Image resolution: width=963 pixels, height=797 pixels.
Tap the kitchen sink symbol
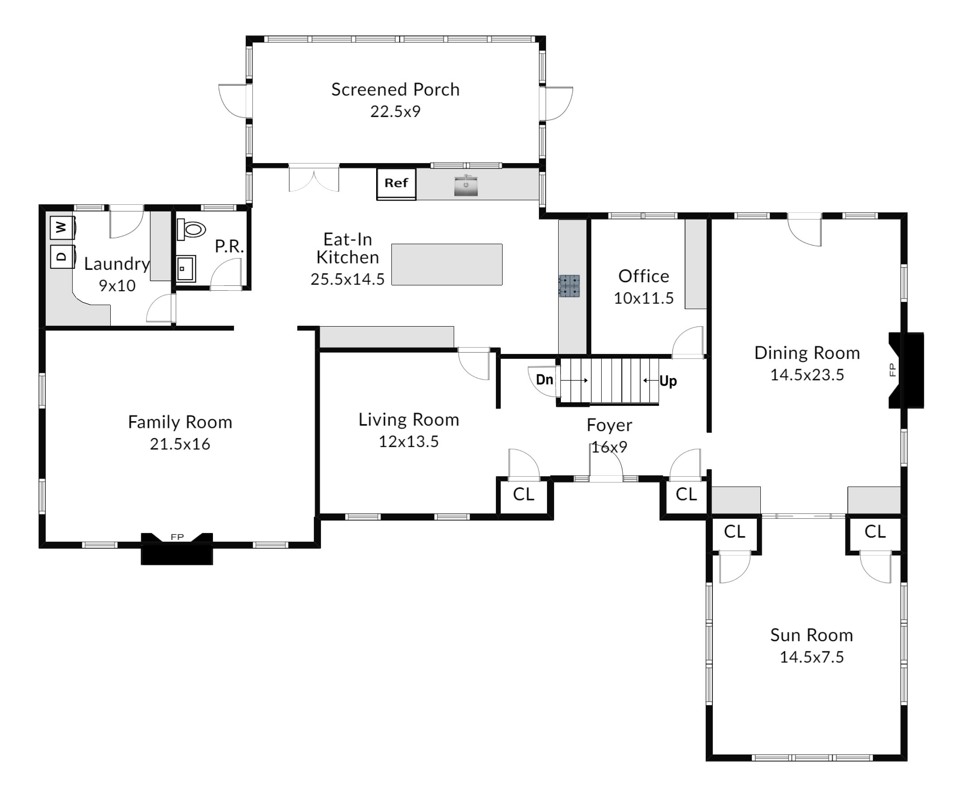coord(466,185)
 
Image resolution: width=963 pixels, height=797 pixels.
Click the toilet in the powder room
coord(191,228)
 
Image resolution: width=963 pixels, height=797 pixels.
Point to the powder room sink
coord(186,268)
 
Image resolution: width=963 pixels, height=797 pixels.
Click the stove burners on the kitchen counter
coord(569,286)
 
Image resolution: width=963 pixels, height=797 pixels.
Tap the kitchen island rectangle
coord(447,264)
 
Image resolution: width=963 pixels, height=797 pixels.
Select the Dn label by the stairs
coord(544,379)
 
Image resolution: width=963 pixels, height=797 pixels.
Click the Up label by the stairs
coord(668,381)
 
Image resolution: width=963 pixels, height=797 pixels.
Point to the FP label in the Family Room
coord(177,537)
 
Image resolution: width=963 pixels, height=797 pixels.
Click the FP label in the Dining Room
coord(892,370)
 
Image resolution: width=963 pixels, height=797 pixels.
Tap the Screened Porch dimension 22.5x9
coord(395,112)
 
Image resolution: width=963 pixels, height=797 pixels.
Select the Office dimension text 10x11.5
coord(644,298)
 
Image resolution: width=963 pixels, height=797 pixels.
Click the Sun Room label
coord(811,635)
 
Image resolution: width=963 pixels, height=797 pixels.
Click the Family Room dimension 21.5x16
coord(180,444)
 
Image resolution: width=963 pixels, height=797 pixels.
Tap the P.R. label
coord(229,246)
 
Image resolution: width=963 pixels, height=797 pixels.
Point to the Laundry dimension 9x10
coord(117,285)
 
